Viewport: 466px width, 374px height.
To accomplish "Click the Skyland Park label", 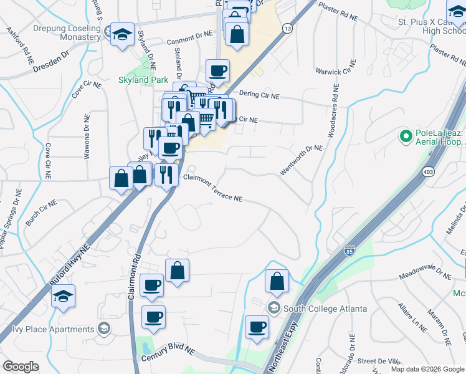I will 142,80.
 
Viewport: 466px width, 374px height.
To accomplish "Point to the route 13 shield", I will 287,28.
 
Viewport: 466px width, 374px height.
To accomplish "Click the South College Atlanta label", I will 325,309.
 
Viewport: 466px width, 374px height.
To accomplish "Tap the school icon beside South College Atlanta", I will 273,308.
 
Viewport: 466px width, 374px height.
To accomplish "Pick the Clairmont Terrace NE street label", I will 212,188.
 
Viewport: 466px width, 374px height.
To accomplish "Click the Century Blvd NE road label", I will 168,355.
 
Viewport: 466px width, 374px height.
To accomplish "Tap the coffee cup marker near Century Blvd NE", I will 153,317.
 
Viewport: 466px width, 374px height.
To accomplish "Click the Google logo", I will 21,367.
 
